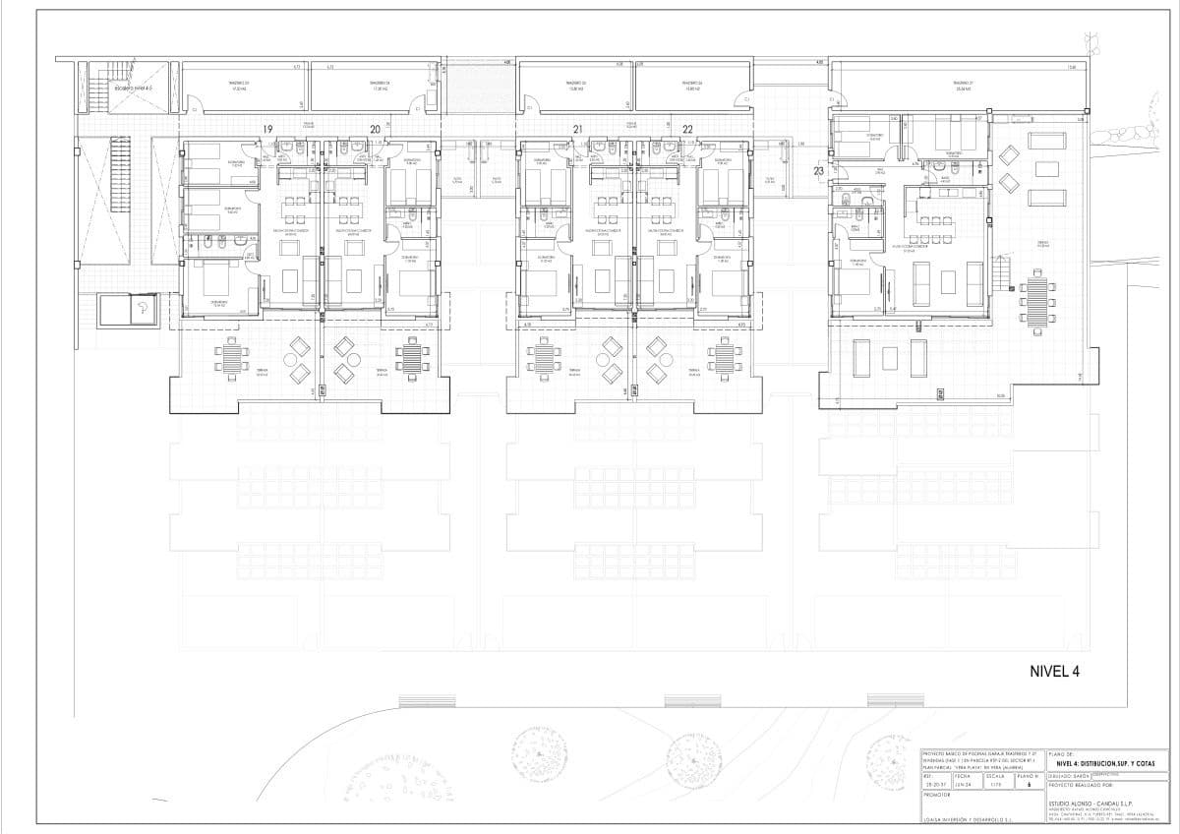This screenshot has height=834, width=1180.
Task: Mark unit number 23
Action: tap(819, 170)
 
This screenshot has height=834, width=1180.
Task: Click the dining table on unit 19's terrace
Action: tap(231, 356)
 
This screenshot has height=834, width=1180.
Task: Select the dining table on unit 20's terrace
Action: tap(411, 356)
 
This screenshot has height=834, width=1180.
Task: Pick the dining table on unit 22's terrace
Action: tap(725, 356)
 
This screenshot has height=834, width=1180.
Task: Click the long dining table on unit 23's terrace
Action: tap(1038, 302)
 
